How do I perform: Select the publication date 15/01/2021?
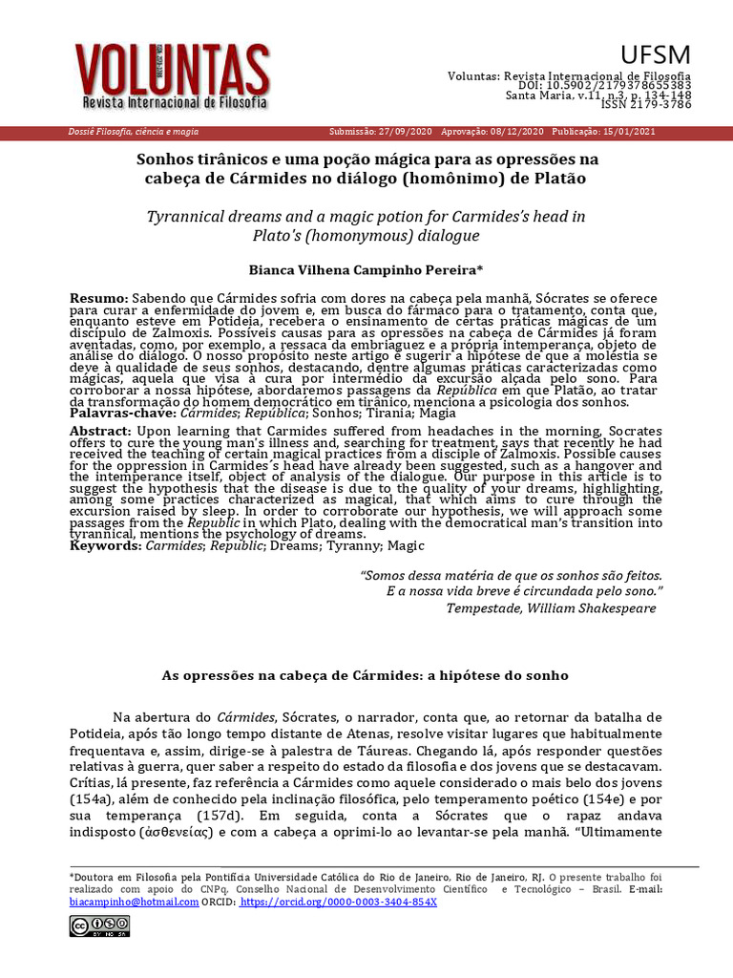[630, 132]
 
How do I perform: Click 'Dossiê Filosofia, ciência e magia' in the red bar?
[130, 132]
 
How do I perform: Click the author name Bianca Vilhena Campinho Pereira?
[366, 270]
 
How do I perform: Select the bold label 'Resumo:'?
[99, 299]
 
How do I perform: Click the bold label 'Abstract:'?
[99, 431]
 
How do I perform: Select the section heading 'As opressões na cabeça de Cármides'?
[366, 675]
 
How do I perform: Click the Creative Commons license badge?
[98, 925]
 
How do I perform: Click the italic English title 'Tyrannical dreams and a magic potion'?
[366, 217]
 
